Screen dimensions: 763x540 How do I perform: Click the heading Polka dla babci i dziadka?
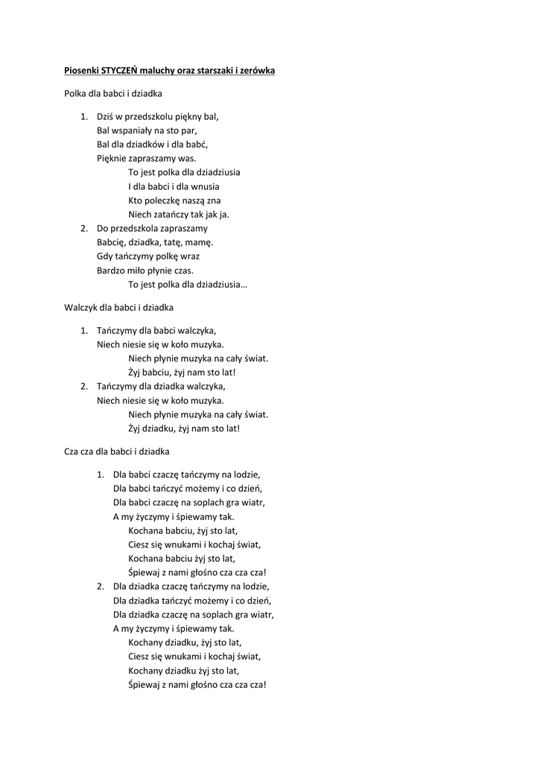pyautogui.click(x=113, y=94)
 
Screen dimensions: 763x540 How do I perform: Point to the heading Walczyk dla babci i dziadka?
pyautogui.click(x=118, y=306)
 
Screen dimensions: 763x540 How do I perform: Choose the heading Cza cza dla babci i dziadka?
pyautogui.click(x=117, y=451)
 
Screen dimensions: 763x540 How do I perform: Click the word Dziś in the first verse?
pyautogui.click(x=105, y=116)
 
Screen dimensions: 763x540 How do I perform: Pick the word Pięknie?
pyautogui.click(x=112, y=158)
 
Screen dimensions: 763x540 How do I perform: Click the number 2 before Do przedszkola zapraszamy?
pyautogui.click(x=83, y=228)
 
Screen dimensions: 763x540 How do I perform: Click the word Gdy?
pyautogui.click(x=104, y=256)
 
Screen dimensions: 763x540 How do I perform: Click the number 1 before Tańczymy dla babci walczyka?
pyautogui.click(x=83, y=330)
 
